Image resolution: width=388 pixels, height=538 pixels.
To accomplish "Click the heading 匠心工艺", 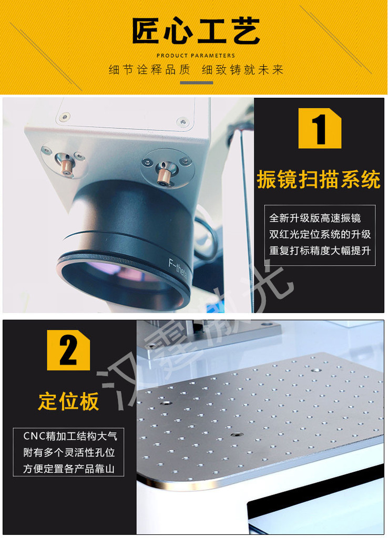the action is tap(196, 31).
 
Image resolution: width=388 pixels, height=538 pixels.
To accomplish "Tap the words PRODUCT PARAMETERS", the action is tap(196, 56).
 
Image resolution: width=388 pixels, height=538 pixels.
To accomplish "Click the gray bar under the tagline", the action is tap(197, 82).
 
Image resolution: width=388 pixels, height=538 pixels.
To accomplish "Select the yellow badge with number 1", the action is tap(320, 128).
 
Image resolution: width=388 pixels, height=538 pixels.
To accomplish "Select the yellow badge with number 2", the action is tap(68, 350).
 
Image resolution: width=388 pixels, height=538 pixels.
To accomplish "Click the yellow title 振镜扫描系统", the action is tap(319, 180).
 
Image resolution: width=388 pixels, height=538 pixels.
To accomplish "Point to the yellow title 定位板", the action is tap(69, 401).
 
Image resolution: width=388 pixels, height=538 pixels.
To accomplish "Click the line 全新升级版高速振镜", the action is tap(315, 218).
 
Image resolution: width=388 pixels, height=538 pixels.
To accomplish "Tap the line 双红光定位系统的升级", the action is tap(320, 234).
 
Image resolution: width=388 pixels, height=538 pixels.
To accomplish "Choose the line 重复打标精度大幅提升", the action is tap(320, 251).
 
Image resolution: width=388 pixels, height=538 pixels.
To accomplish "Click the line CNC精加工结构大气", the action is tap(70, 436).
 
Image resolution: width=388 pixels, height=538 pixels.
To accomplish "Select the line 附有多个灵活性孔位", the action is tap(69, 452).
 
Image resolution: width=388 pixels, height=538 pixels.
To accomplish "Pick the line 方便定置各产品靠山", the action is tap(69, 468).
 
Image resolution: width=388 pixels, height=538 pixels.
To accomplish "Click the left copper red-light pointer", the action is tap(67, 165).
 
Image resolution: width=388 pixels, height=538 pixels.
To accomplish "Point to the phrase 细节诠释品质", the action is tap(149, 70).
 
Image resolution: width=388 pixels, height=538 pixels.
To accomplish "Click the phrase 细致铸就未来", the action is tap(242, 70).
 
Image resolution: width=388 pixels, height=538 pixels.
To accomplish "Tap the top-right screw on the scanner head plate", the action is tap(182, 122).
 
